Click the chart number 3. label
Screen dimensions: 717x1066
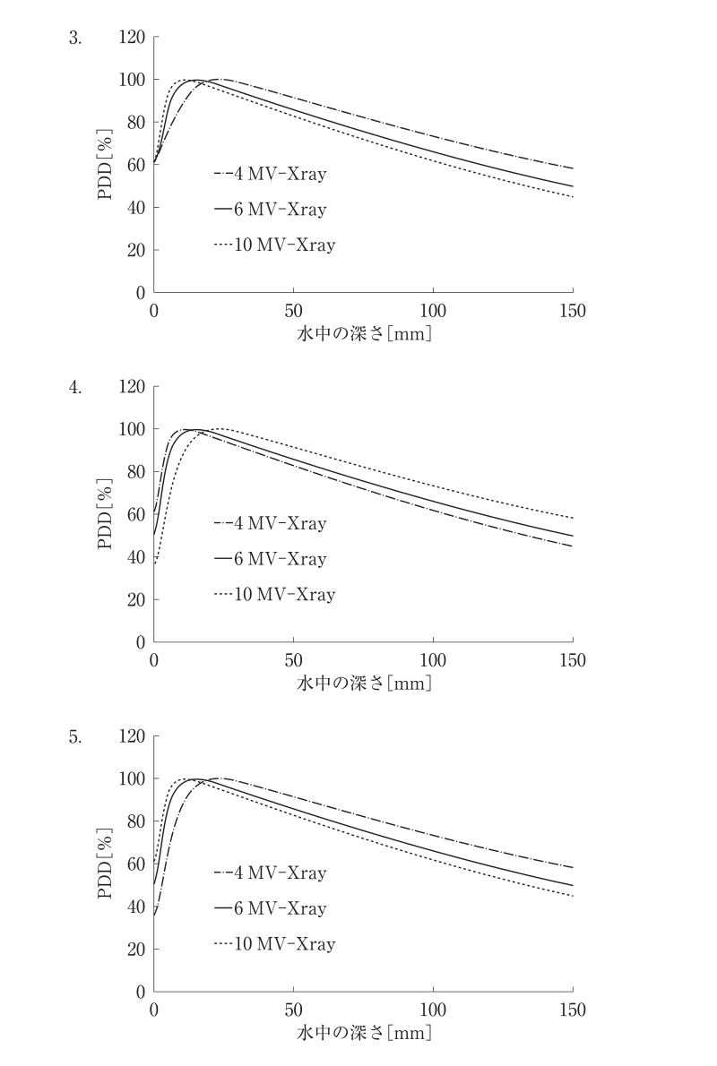[74, 38]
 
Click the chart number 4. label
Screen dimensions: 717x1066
[74, 388]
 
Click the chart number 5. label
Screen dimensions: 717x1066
[74, 737]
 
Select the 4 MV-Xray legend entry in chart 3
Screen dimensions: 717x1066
[271, 174]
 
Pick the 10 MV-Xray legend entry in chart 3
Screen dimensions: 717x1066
[275, 245]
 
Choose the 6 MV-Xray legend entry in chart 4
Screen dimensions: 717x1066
[271, 559]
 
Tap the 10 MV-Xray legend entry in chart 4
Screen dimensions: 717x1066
[275, 594]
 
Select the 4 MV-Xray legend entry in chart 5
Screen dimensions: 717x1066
[271, 873]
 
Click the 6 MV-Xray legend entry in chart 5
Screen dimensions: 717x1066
[271, 908]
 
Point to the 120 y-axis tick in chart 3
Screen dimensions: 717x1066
[132, 37]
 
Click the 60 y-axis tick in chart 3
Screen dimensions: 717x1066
[136, 165]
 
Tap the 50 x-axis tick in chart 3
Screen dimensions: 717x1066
[293, 311]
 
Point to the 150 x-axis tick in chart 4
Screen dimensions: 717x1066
[572, 660]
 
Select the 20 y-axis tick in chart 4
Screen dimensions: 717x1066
[136, 599]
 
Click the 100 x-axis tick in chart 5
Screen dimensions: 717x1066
[433, 1010]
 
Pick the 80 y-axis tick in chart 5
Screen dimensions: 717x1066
[136, 821]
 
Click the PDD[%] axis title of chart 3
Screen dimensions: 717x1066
[105, 165]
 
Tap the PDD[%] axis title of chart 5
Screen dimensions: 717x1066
[105, 864]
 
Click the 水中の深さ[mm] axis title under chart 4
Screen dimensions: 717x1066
[364, 683]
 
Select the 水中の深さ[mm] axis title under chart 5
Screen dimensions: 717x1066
[364, 1033]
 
